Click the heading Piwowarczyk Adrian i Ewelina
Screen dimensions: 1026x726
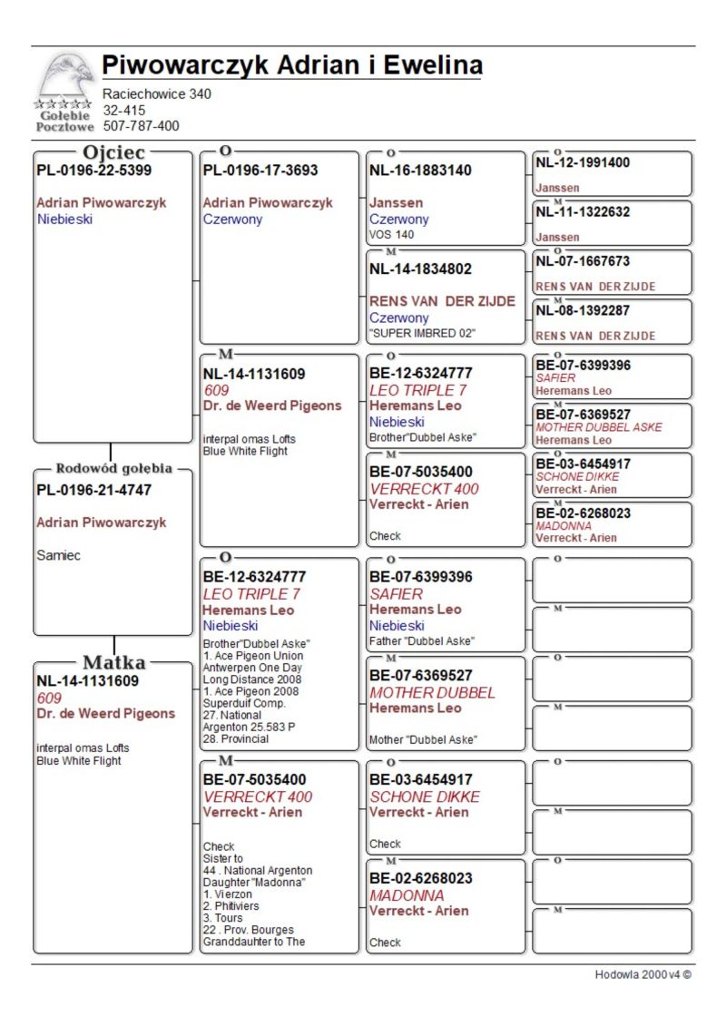pyautogui.click(x=291, y=66)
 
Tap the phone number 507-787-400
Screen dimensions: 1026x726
pyautogui.click(x=141, y=126)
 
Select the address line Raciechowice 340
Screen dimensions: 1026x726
pyautogui.click(x=157, y=94)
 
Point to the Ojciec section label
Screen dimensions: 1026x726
pyautogui.click(x=113, y=153)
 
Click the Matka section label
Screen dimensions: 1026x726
pyautogui.click(x=113, y=662)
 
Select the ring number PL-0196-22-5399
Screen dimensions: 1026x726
pyautogui.click(x=94, y=171)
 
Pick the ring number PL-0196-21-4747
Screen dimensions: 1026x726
pyautogui.click(x=94, y=491)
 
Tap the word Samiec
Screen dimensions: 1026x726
pyautogui.click(x=58, y=556)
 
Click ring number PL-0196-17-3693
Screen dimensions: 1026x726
pyautogui.click(x=260, y=171)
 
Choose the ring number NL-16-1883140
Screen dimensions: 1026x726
pyautogui.click(x=420, y=171)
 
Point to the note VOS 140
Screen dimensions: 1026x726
pyautogui.click(x=392, y=234)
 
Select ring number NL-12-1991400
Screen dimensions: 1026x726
pyautogui.click(x=583, y=163)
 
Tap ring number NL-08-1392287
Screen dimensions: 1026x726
pyautogui.click(x=583, y=310)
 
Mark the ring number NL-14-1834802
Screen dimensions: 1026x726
pyautogui.click(x=420, y=269)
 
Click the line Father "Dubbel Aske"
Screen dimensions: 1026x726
pyautogui.click(x=421, y=641)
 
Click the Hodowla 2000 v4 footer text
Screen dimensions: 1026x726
pyautogui.click(x=643, y=974)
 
